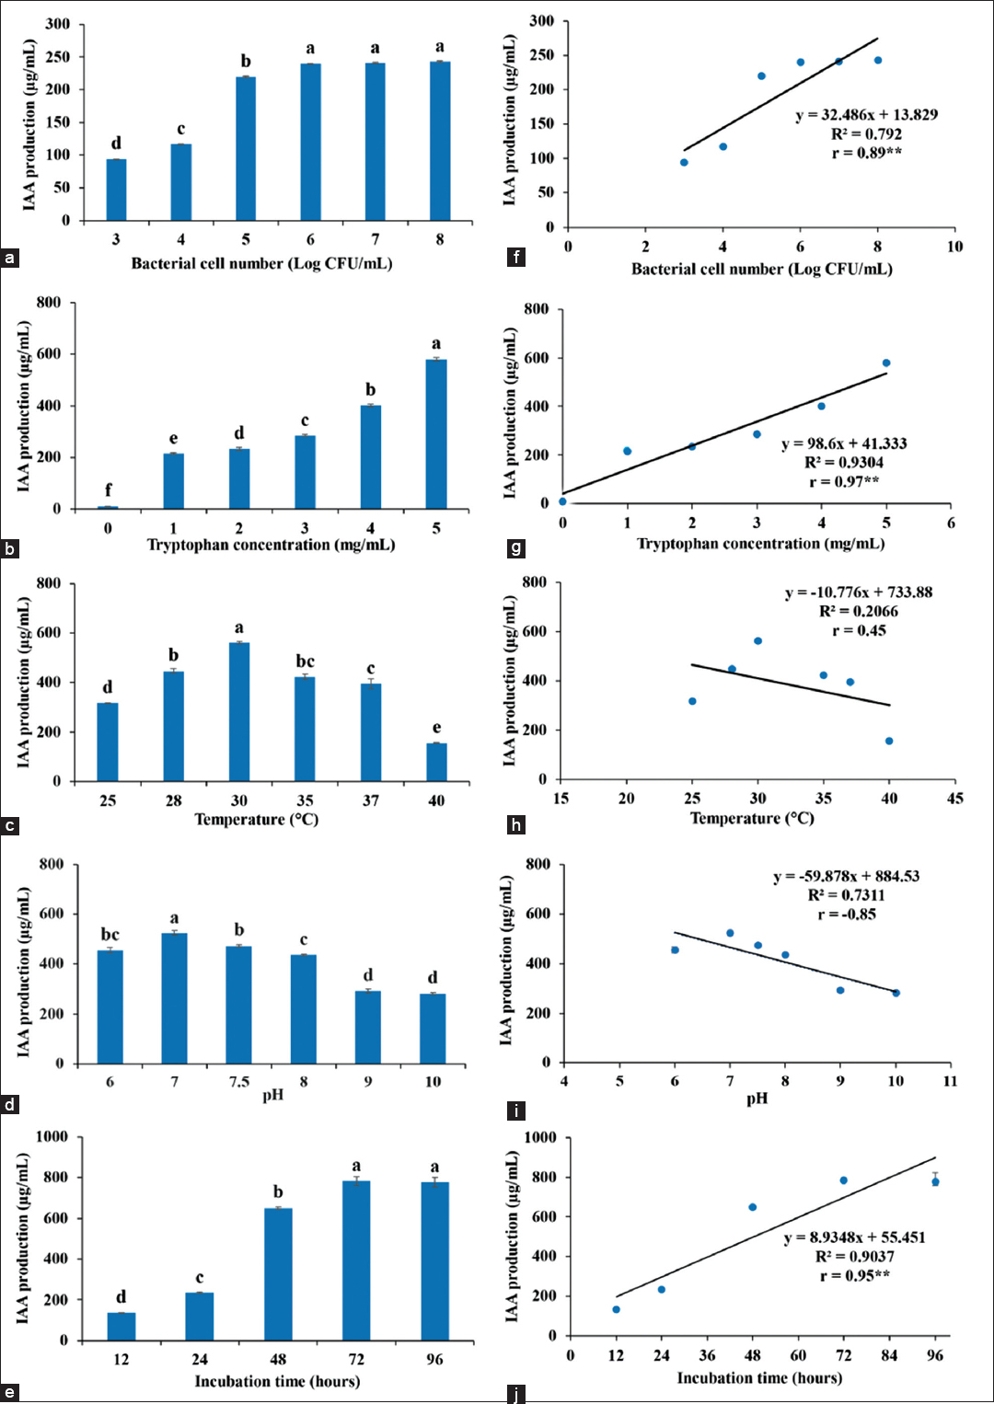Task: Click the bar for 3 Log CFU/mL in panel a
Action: point(116,190)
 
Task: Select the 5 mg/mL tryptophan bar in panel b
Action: point(436,433)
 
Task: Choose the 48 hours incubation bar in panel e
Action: point(278,1273)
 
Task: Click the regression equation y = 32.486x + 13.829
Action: point(866,115)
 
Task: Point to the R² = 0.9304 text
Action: point(844,463)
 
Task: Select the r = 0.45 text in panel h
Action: point(859,630)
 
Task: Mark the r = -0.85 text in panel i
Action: point(847,914)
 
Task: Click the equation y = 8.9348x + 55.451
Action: point(854,1237)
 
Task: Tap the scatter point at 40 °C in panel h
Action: point(889,741)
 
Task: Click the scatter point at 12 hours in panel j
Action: point(616,1309)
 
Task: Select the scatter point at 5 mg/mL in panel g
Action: point(886,363)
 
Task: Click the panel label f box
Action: point(516,257)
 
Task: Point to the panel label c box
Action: point(10,825)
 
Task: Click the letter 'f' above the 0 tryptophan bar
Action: point(108,489)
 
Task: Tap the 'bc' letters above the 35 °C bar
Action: point(305,662)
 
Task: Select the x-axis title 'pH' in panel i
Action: point(757,1099)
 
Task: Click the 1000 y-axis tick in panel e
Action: point(52,1137)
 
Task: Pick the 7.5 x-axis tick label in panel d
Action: point(239,1082)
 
